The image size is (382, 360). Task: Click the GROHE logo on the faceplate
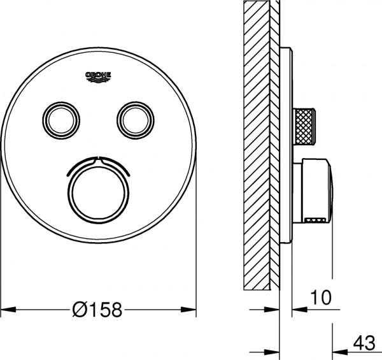point(98,77)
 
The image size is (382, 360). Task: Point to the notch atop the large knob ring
point(98,157)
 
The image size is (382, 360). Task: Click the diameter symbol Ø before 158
point(80,310)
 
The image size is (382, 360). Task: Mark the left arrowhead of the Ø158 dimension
point(6,310)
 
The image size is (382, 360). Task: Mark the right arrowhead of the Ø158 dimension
point(190,310)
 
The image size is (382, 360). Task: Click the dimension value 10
point(322,296)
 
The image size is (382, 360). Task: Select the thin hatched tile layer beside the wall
point(274,147)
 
